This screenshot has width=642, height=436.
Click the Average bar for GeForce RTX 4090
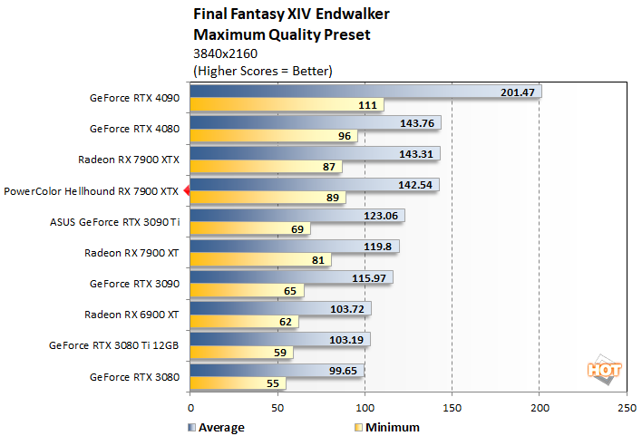[x=363, y=92]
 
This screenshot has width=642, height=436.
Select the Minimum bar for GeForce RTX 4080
[x=272, y=136]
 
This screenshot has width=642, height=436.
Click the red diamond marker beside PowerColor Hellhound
[x=186, y=191]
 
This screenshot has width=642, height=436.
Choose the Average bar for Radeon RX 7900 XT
[x=294, y=246]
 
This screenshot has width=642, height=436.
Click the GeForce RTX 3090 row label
[x=134, y=283]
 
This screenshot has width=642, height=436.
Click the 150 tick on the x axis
[x=452, y=408]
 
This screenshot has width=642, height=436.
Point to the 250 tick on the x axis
[x=626, y=408]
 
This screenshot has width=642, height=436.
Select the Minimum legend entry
[x=387, y=426]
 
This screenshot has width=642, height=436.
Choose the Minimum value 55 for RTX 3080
[x=271, y=383]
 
